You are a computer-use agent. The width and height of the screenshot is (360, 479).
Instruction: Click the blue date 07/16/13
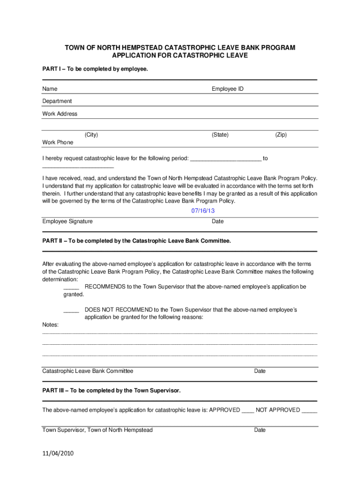pos(203,211)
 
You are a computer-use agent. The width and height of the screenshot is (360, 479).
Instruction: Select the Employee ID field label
pos(227,89)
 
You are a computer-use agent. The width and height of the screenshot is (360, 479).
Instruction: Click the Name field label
pos(50,89)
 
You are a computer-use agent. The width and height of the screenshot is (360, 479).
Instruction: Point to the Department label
pos(57,101)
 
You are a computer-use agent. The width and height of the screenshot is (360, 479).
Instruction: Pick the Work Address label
pos(60,114)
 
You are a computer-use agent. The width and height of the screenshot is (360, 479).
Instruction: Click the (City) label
pos(91,135)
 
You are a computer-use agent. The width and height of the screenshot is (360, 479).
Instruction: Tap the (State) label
pos(220,135)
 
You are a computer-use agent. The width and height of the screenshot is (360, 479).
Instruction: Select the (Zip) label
pos(281,135)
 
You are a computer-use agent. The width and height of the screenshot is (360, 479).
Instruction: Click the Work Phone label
pos(58,142)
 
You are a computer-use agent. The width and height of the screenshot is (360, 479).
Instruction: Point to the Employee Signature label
pos(67,221)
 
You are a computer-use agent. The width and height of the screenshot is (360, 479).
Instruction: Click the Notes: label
pos(51,325)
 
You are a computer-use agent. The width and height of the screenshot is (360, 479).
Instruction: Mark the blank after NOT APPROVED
pos(310,410)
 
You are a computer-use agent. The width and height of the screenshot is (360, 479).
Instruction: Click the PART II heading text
pos(137,241)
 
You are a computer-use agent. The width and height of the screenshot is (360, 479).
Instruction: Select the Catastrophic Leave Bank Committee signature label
pos(88,371)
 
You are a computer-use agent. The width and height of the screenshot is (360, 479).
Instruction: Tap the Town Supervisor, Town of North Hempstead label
pos(97,430)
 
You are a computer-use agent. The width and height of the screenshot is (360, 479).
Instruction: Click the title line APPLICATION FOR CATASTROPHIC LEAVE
pos(180,56)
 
